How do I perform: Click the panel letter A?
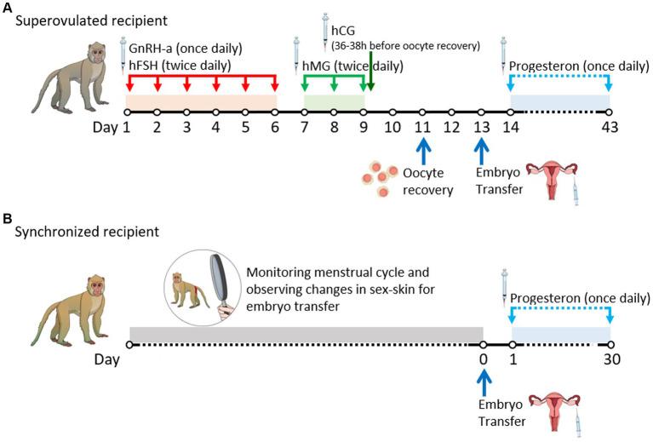point(8,7)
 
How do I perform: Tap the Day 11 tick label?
point(422,128)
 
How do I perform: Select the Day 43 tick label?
point(610,128)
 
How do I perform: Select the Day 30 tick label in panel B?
point(610,359)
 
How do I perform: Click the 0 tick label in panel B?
point(483,359)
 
